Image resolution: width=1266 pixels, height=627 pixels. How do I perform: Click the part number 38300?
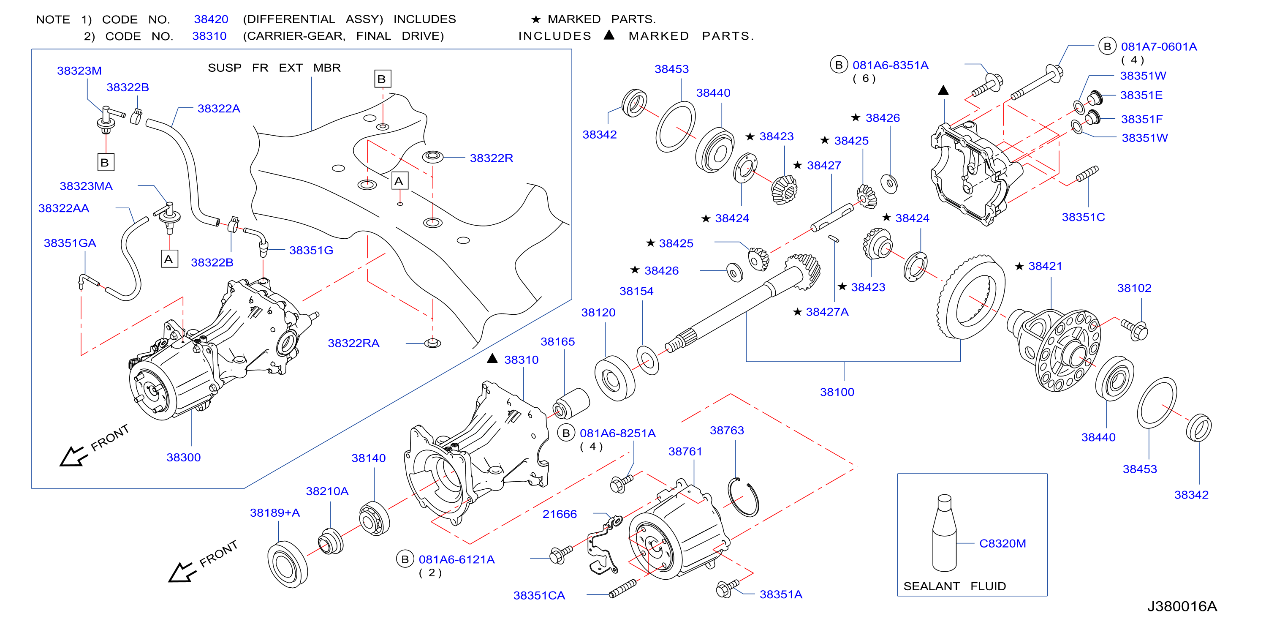183,457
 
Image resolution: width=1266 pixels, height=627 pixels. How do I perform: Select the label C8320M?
1002,543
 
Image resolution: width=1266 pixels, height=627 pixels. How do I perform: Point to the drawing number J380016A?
1182,606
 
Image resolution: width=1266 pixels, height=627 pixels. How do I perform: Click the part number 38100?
837,392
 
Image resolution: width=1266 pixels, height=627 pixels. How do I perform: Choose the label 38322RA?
353,343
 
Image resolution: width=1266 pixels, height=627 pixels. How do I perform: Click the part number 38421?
1045,266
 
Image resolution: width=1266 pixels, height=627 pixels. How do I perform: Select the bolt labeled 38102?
1134,329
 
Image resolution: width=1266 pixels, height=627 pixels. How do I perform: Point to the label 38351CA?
539,596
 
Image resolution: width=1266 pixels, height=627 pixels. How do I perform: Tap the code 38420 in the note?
211,19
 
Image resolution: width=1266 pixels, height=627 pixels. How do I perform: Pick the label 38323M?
79,71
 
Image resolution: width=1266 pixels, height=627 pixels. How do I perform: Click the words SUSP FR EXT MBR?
274,68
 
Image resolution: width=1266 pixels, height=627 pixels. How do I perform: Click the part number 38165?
557,342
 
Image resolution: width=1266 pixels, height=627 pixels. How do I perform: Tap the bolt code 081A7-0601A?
1159,47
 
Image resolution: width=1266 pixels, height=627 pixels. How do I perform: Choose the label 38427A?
827,312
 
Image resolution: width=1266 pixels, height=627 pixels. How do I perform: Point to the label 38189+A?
275,513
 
